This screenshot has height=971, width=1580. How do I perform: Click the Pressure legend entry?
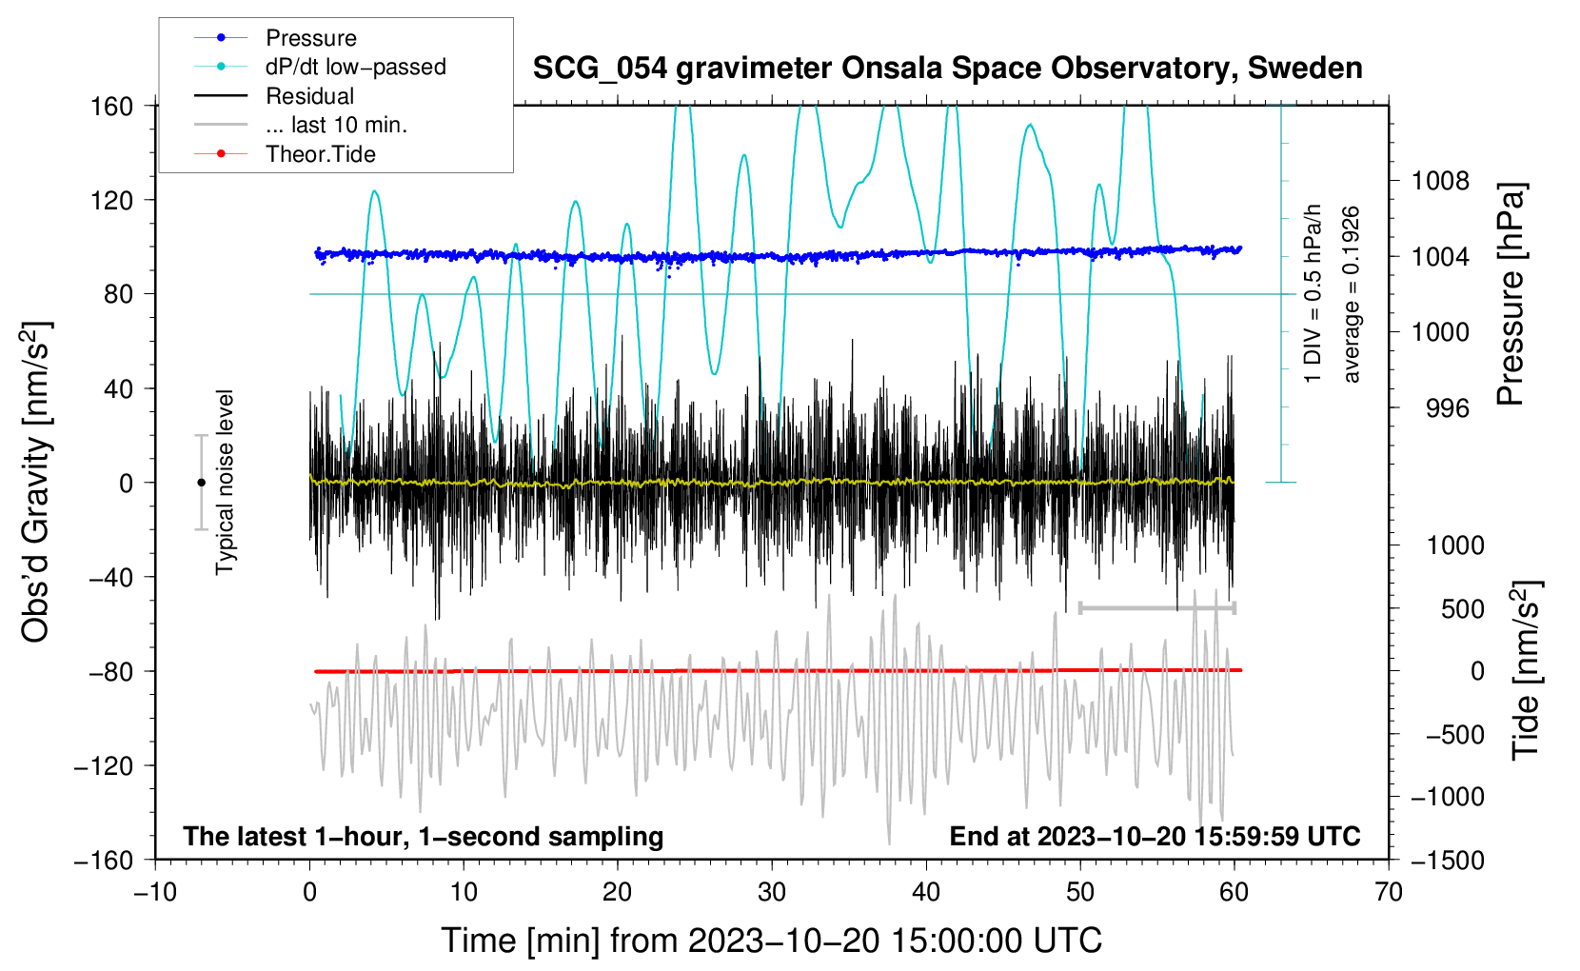(x=310, y=38)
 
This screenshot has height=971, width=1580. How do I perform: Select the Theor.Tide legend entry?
(x=320, y=154)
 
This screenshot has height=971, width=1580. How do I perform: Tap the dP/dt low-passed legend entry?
(x=355, y=67)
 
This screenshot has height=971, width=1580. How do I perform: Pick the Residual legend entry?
(x=309, y=96)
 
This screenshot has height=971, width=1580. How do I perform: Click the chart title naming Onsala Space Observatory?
(x=947, y=69)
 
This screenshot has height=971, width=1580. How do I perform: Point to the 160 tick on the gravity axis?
(x=112, y=106)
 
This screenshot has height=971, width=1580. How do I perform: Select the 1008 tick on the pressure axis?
(x=1440, y=181)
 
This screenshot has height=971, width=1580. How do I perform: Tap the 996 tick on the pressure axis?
(x=1447, y=408)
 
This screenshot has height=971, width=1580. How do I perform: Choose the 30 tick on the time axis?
(x=772, y=892)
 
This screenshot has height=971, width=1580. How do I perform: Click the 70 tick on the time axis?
(x=1389, y=892)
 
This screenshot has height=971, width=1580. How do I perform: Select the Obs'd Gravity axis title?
(x=36, y=482)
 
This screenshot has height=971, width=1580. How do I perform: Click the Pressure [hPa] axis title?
(x=1511, y=295)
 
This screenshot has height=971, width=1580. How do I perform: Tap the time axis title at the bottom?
(x=771, y=941)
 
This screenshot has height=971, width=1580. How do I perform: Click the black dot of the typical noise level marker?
(x=201, y=483)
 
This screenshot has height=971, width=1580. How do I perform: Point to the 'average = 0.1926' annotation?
(x=1352, y=294)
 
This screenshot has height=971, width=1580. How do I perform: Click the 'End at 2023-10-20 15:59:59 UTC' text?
(x=1155, y=837)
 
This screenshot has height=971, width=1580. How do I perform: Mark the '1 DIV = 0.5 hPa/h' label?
(x=1313, y=294)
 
